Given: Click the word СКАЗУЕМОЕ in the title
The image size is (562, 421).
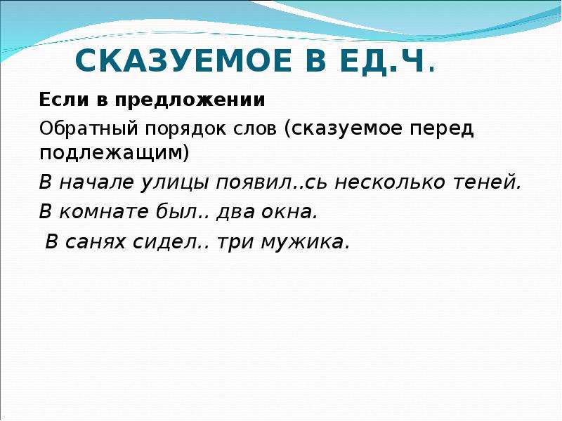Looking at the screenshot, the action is point(183,60).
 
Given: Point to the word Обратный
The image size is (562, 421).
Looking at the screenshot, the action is point(89,129).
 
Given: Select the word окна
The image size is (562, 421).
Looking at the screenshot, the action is point(289,211).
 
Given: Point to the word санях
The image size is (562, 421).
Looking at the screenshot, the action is point(96,242).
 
